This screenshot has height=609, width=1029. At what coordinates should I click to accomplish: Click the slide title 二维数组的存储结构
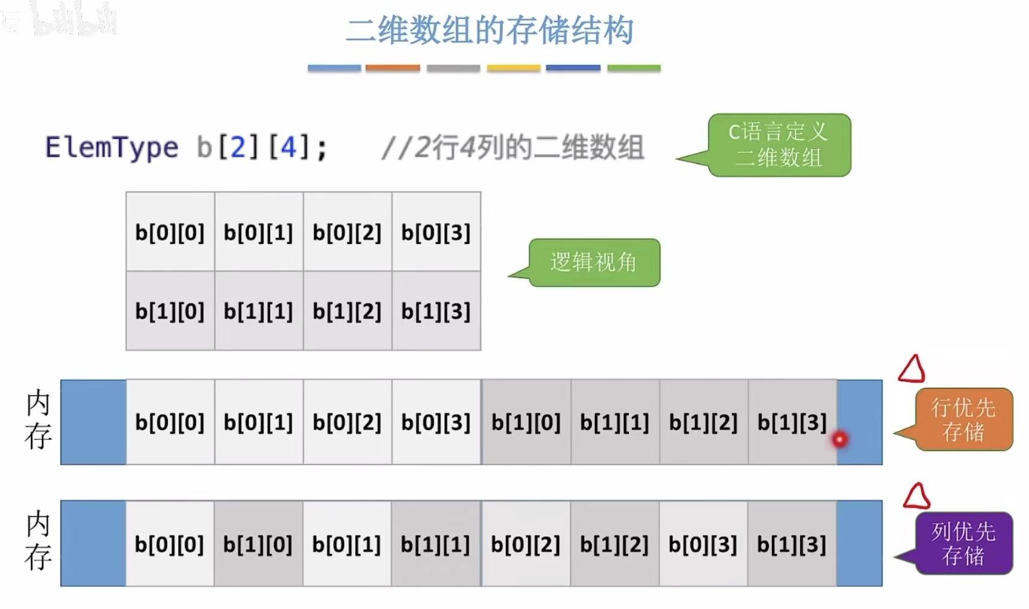coord(490,31)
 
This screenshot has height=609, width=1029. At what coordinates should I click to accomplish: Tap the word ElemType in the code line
coord(112,148)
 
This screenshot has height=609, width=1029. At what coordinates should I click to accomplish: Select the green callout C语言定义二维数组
coord(779,145)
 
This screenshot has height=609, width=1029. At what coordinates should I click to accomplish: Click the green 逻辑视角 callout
coord(594,263)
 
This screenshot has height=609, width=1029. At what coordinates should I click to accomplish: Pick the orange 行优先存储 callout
coord(963,419)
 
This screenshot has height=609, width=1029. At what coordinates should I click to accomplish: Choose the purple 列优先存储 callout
coord(963,543)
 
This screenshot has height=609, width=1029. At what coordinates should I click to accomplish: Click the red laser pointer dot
coord(839,440)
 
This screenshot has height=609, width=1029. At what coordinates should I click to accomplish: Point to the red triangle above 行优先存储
coord(912,369)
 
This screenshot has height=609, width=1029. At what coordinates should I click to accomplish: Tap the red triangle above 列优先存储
coord(917,497)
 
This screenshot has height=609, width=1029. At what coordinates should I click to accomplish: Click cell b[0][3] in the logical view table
coord(436,232)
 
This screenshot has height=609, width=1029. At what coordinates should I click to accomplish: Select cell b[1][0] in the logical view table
coord(170,311)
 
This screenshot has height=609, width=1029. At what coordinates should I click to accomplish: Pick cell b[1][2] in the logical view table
coord(347,311)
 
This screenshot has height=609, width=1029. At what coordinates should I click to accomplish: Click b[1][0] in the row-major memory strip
coord(526,422)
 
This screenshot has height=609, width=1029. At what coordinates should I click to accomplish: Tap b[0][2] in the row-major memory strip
coord(347,422)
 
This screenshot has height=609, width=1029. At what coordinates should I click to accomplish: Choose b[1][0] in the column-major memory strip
coord(258,544)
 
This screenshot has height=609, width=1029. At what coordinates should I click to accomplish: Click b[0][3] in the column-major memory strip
coord(703,544)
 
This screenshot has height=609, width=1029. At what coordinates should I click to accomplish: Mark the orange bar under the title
coord(393,68)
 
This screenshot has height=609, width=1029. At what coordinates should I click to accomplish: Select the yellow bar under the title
coord(514,68)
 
